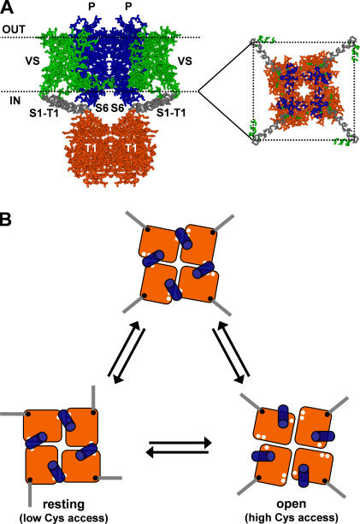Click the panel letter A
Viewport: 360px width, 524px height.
coord(7,8)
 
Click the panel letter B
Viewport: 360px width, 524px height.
coord(6,220)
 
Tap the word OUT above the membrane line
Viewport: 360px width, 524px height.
coord(14,29)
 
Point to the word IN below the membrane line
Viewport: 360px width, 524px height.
coord(15,100)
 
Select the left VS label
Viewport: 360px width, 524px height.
coord(32,62)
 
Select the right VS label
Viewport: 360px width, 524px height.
coord(185,62)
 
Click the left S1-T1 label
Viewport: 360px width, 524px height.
coord(44,114)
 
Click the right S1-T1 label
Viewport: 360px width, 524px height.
coord(171,114)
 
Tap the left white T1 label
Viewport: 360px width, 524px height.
coord(91,148)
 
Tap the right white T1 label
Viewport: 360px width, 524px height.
coord(131,148)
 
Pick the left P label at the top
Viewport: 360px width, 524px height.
coord(91,6)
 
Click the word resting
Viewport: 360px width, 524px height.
coord(63,504)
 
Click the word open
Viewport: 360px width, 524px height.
coord(292,504)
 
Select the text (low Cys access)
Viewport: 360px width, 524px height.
coord(64,518)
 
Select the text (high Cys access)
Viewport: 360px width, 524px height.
coord(292,518)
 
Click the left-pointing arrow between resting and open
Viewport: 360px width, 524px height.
coord(178,452)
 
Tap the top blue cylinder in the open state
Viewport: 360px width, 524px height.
coord(283,414)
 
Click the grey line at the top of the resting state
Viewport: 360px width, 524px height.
coord(93,397)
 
